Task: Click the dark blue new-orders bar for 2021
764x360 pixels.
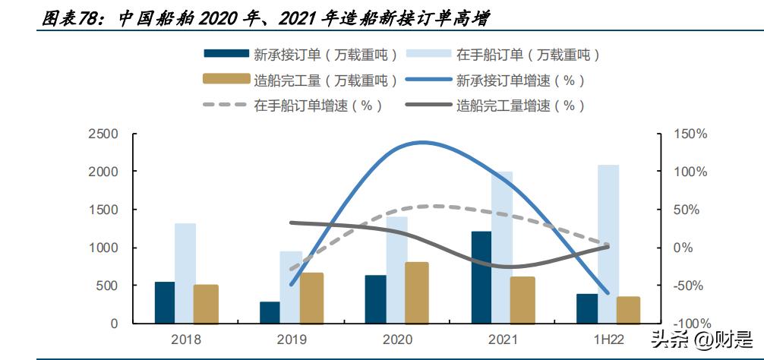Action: (481, 277)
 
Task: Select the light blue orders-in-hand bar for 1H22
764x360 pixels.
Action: (608, 244)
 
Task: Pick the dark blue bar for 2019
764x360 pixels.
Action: (270, 312)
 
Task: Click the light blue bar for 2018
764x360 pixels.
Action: (185, 273)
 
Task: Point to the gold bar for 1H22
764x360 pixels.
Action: (628, 310)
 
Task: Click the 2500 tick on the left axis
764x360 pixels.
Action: (104, 134)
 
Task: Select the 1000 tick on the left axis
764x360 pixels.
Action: (104, 248)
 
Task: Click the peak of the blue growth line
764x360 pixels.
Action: (421, 142)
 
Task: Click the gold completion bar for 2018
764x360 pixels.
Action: (206, 304)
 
